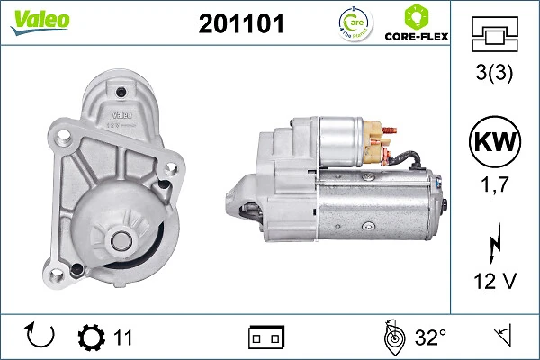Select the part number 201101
click(240, 24)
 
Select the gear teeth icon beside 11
click(91, 337)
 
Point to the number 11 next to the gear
click(123, 337)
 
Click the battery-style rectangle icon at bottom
click(266, 337)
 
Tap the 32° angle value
click(430, 337)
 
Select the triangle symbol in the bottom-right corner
click(501, 337)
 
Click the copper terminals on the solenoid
click(383, 140)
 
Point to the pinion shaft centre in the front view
click(120, 240)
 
